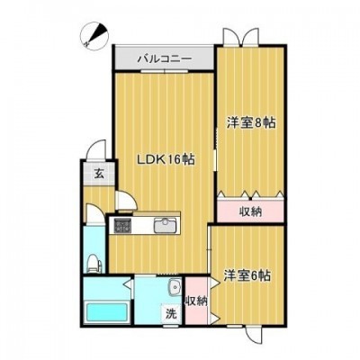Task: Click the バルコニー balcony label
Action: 164,58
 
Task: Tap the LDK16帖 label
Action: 166,159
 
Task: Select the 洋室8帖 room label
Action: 251,122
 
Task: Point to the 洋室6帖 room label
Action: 247,275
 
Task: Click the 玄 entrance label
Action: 99,174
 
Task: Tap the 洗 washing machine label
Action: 171,314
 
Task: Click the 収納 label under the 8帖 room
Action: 250,211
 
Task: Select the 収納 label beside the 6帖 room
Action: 196,301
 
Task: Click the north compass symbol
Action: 94,35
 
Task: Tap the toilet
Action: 94,264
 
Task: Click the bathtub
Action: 107,312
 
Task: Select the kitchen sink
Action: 165,226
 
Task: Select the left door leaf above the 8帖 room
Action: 230,37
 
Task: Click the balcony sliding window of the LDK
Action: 165,71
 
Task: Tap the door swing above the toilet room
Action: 94,214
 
